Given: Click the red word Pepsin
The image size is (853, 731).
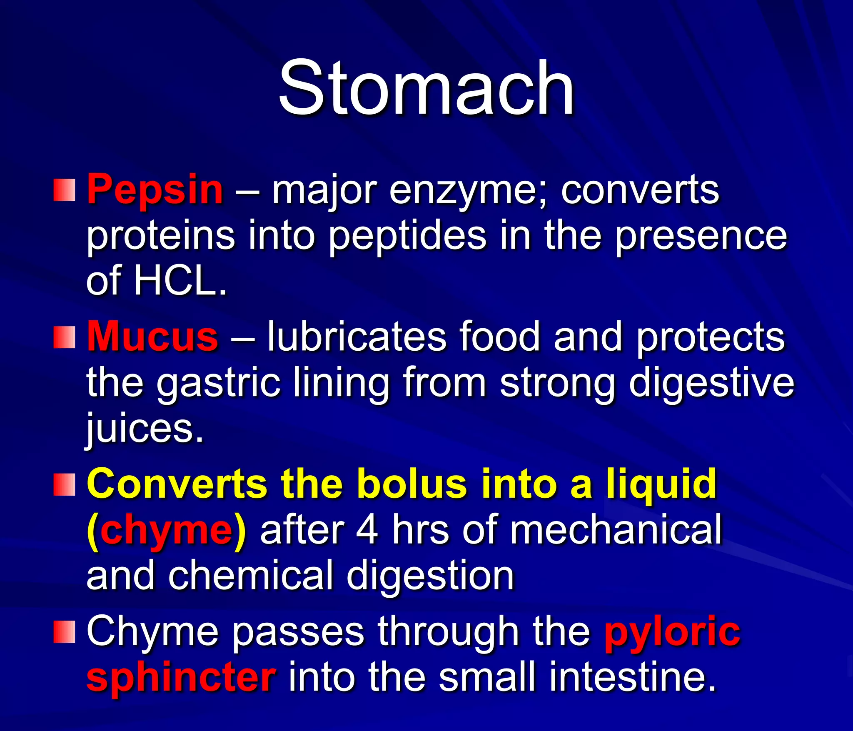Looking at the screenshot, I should pyautogui.click(x=155, y=190).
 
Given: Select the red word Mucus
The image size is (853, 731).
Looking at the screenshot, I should pyautogui.click(x=152, y=337).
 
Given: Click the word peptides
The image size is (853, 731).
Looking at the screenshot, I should pyautogui.click(x=407, y=237).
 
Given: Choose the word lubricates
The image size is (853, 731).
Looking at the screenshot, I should pyautogui.click(x=357, y=337).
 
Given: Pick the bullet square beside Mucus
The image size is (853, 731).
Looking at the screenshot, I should pyautogui.click(x=65, y=337).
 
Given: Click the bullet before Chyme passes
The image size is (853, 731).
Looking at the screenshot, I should pyautogui.click(x=65, y=632).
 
